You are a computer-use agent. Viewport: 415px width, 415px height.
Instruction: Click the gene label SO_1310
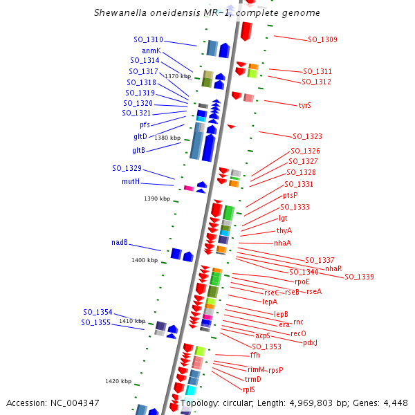148,39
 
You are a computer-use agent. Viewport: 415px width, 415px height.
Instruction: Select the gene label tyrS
305,105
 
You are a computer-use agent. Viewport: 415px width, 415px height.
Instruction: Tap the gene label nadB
120,243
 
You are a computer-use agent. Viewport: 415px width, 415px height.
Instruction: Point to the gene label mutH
131,181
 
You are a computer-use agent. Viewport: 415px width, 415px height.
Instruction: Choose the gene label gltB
139,150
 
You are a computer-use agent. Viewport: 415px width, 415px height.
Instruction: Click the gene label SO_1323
308,136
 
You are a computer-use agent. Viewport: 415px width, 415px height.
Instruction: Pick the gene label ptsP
290,196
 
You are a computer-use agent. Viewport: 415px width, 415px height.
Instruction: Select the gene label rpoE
302,282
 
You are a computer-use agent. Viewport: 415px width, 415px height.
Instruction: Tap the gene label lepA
270,302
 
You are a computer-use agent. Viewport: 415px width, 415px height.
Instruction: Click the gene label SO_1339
359,277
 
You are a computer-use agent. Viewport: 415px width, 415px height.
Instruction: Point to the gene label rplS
249,389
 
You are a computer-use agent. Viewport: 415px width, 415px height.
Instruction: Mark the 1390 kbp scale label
157,199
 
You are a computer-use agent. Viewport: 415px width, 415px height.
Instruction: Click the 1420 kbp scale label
118,381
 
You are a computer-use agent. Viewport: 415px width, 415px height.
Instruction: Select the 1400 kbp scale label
145,261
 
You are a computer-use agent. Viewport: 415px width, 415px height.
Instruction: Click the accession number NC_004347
75,403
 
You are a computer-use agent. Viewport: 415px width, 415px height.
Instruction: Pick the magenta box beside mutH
189,188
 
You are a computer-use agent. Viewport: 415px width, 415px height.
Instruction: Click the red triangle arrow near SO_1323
232,127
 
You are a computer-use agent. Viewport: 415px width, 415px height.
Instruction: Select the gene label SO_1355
96,322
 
